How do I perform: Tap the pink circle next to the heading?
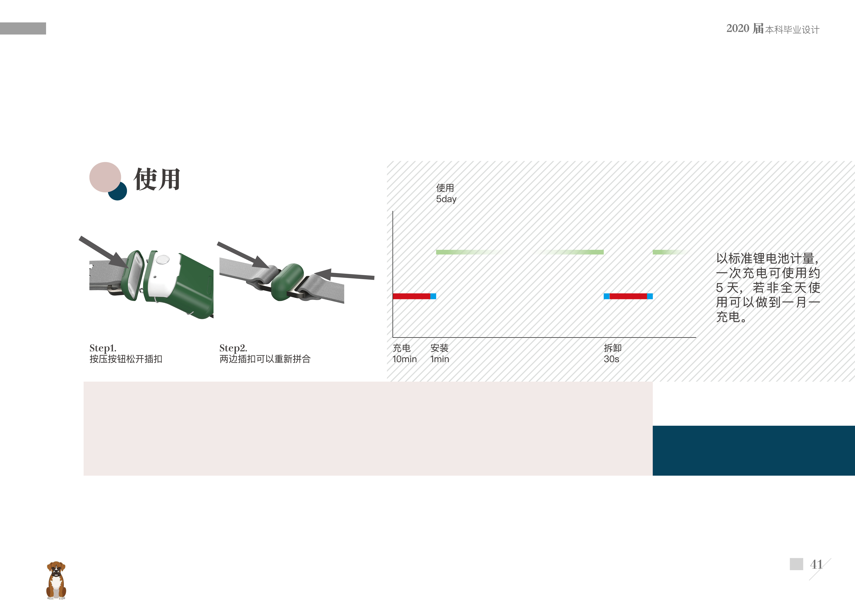click(105, 177)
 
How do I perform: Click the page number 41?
click(816, 564)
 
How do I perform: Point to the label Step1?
click(103, 348)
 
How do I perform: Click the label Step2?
click(233, 348)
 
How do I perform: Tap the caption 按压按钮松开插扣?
click(126, 359)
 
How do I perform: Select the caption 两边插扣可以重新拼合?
click(265, 359)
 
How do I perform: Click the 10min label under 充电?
click(404, 359)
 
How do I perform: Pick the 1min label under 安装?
click(440, 359)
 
